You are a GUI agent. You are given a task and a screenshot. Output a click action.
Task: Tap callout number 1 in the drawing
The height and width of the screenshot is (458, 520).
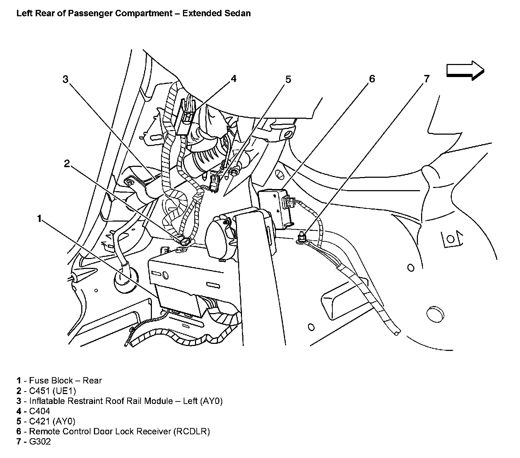click(x=39, y=219)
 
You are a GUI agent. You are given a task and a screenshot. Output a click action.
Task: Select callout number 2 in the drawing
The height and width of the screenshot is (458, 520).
click(x=67, y=164)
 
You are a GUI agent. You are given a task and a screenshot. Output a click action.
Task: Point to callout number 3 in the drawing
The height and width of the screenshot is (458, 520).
click(x=65, y=79)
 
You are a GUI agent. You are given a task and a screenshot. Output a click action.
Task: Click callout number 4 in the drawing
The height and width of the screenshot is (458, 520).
click(x=233, y=78)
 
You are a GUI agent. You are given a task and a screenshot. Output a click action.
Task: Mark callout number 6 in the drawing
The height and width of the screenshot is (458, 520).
click(x=372, y=78)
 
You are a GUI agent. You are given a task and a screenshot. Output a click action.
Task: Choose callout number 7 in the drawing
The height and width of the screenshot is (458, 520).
click(x=427, y=78)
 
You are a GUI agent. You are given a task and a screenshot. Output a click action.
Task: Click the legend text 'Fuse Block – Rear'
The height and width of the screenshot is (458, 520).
click(x=65, y=381)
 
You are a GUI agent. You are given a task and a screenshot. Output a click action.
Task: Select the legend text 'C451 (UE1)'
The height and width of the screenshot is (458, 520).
click(x=52, y=391)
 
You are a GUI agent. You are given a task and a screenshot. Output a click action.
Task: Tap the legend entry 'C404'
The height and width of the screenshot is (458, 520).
click(x=40, y=411)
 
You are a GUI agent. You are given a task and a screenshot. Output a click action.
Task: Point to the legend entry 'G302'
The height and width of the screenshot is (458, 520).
click(x=40, y=441)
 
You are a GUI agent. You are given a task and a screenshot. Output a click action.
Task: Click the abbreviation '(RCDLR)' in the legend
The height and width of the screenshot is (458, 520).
click(x=191, y=431)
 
